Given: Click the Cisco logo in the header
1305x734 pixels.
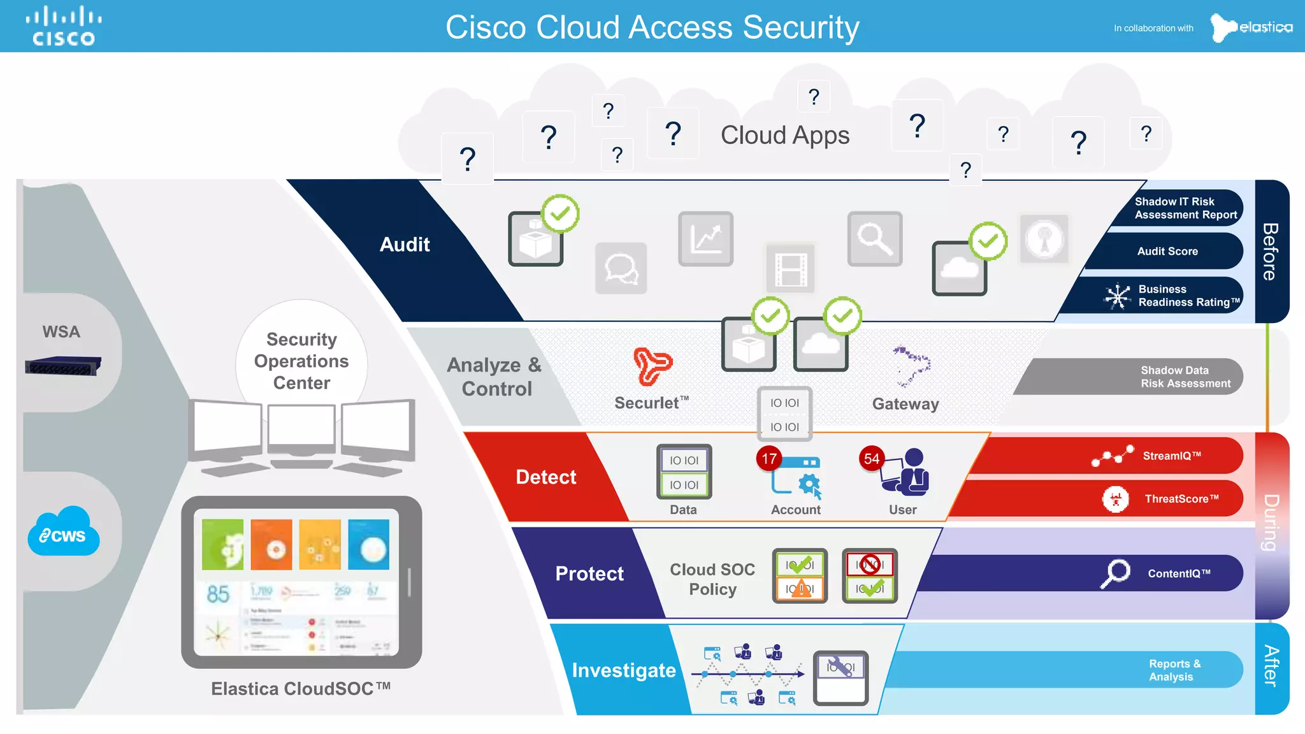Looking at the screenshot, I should pyautogui.click(x=64, y=26).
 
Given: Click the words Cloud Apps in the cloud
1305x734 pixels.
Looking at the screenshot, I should pyautogui.click(x=785, y=135).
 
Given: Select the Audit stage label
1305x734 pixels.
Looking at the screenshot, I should pyautogui.click(x=405, y=245).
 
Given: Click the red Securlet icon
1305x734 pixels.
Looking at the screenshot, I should pyautogui.click(x=652, y=366).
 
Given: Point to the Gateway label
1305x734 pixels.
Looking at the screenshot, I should pyautogui.click(x=905, y=404).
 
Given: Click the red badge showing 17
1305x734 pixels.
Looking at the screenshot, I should pyautogui.click(x=769, y=459).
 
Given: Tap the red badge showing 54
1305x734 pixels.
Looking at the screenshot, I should pyautogui.click(x=871, y=459).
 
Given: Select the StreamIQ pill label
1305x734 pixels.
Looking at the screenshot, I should pyautogui.click(x=1171, y=456).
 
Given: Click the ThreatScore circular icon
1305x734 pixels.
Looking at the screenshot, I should pyautogui.click(x=1115, y=499).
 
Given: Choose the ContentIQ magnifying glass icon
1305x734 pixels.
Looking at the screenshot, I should pyautogui.click(x=1115, y=573).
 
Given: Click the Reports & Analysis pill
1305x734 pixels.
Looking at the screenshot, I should pyautogui.click(x=1174, y=670).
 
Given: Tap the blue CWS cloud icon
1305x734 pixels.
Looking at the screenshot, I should pyautogui.click(x=63, y=533).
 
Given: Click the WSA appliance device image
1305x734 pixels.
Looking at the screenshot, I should pyautogui.click(x=62, y=366).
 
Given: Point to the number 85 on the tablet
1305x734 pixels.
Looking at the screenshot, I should pyautogui.click(x=218, y=594).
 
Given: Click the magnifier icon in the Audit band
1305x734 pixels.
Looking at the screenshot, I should pyautogui.click(x=874, y=239).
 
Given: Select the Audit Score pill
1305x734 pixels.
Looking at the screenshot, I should pyautogui.click(x=1167, y=251).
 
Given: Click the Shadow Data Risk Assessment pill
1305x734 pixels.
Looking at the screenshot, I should pyautogui.click(x=1185, y=377).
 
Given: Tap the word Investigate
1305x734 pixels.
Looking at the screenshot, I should pyautogui.click(x=623, y=670).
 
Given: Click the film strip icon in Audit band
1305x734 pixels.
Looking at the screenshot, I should pyautogui.click(x=790, y=268).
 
